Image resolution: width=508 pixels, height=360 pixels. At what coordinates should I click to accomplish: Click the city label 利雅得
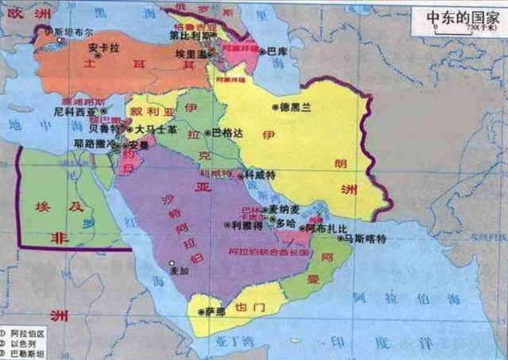click(x=247, y=224)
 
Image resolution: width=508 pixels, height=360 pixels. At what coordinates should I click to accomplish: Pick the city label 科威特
click(x=260, y=174)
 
